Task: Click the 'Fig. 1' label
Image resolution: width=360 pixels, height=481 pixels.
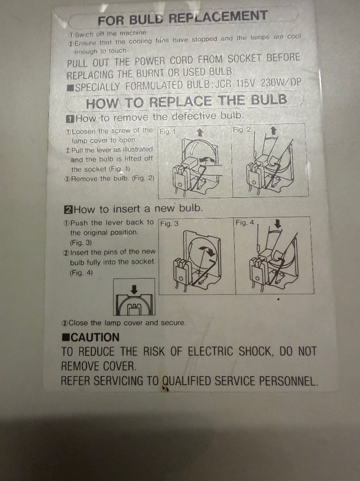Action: [x=168, y=132]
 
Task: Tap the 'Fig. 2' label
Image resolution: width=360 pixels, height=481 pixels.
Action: [x=242, y=130]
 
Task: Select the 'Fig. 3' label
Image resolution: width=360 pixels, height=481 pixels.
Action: [x=169, y=223]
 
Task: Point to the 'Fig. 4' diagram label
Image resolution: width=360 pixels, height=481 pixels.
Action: [x=245, y=222]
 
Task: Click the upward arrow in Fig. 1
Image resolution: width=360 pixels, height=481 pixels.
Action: [x=199, y=132]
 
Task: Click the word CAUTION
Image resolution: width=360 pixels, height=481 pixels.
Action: [x=95, y=337]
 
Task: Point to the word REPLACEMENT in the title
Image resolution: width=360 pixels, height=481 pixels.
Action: [x=218, y=17]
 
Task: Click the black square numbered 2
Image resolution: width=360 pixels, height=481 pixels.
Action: [x=68, y=210]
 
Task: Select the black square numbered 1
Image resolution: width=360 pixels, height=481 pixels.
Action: [x=70, y=119]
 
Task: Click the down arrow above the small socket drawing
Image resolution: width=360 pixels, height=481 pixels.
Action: [x=134, y=289]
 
